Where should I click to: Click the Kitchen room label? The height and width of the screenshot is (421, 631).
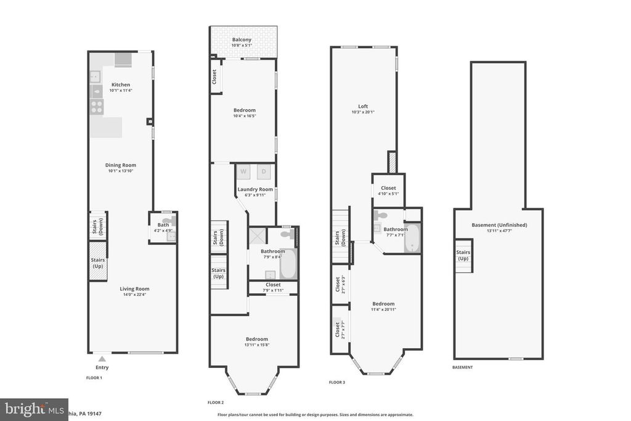coord(121,84)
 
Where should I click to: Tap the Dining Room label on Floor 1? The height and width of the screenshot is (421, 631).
coord(121,165)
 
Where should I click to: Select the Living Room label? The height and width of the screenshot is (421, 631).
coord(134,288)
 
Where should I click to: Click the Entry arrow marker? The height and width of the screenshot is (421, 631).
coord(102,358)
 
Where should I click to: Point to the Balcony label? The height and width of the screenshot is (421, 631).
coord(242,39)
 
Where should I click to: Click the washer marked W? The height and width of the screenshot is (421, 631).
coord(243,171)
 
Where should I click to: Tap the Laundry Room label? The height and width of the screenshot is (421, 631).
coord(256,189)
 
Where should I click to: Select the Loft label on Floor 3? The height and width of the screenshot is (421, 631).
coord(364,106)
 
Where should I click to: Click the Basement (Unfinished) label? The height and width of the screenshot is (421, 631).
coord(499,225)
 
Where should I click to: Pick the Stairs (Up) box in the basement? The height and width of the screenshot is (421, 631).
coord(463,255)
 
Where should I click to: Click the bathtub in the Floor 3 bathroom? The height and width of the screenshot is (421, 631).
coord(412,239)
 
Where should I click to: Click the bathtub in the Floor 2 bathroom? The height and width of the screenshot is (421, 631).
coord(288,264)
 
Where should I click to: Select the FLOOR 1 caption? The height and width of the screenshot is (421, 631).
coord(94,377)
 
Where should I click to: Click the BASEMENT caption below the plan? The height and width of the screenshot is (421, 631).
coord(462,367)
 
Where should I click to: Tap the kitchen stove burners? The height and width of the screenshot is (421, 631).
coord(97,105)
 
